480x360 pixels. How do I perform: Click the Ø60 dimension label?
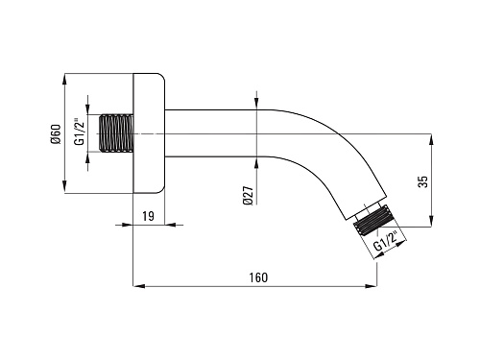(56, 134)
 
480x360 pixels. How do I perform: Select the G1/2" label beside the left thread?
(80, 132)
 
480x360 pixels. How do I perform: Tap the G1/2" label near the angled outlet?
(386, 242)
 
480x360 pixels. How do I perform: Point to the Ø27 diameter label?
(248, 196)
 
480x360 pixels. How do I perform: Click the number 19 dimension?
(148, 216)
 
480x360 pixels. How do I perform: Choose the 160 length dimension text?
(258, 277)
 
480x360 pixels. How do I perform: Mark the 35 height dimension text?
(423, 181)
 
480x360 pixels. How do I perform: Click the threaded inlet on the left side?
(115, 132)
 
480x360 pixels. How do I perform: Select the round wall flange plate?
(149, 133)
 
